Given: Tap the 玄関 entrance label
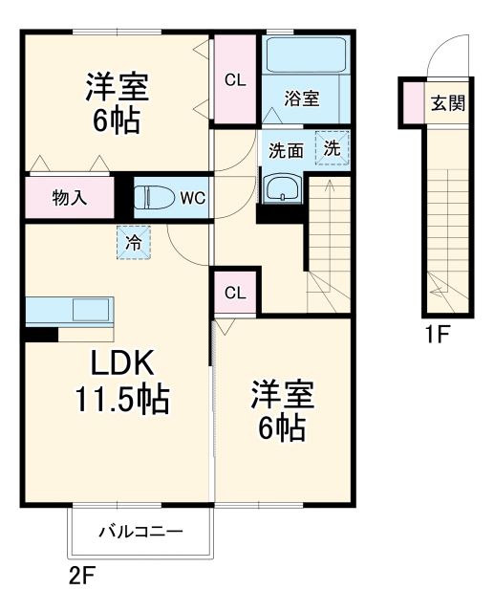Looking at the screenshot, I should coord(447,104).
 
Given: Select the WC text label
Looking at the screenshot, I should coord(193,199).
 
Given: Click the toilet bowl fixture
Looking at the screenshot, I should coord(153,199).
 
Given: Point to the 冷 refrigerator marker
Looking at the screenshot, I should coord(135,242).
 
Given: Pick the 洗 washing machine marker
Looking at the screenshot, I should coord(332,148).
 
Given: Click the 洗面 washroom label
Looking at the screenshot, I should coord(285,150).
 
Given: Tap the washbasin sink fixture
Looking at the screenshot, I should coord(281,188).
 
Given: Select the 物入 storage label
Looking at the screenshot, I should coord(70,199).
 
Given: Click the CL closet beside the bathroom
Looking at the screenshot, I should coord(235,80).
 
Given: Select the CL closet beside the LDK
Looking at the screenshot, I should coord(235,293).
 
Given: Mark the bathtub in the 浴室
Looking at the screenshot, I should coord(306,56).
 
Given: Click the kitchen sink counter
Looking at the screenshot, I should coord(70,311).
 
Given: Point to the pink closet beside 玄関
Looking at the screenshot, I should coord(412,104).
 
